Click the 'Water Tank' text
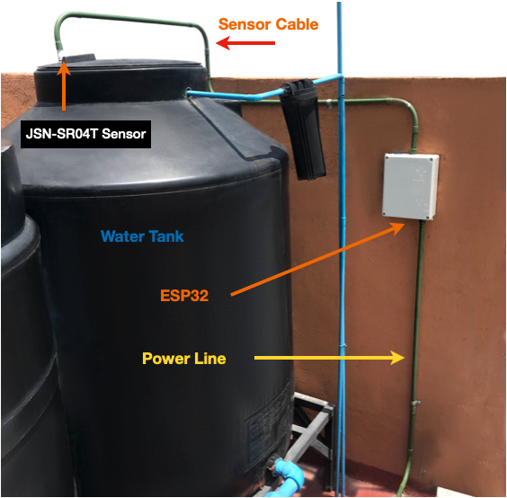coord(142,236)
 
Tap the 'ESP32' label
coord(186,294)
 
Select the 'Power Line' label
coord(183,358)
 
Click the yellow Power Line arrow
coord(328,358)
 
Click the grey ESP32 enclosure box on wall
coord(410,186)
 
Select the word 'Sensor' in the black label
coord(120,135)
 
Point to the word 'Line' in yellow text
coord(208,358)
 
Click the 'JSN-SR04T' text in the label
coord(61,135)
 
